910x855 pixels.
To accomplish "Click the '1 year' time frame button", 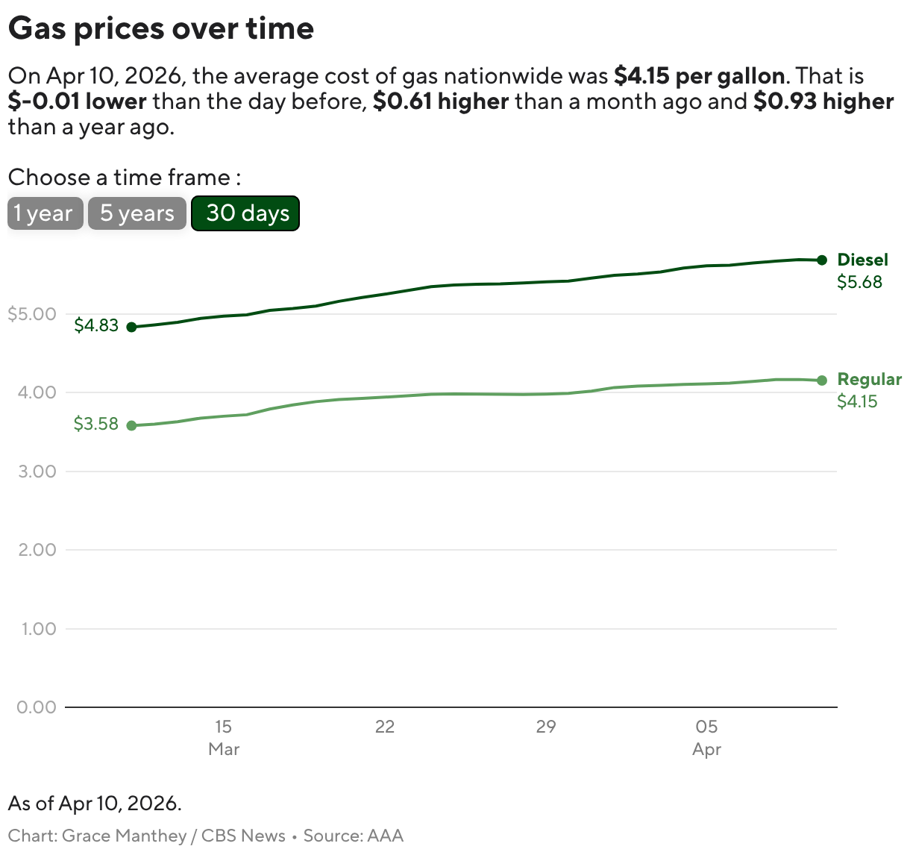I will click(45, 213).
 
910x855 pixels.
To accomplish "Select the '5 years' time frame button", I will click(136, 213).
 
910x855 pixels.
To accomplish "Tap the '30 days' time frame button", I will click(245, 213).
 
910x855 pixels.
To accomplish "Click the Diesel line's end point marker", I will click(822, 260).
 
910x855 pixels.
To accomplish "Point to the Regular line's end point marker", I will click(822, 380).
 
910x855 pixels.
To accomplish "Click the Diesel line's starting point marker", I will click(132, 327).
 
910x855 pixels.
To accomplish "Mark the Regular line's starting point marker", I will click(132, 425).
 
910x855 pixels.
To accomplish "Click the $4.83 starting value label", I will click(96, 325).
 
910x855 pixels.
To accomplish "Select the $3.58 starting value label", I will click(96, 424).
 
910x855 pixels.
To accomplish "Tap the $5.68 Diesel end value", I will click(859, 282).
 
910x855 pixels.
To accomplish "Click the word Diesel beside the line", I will click(862, 260).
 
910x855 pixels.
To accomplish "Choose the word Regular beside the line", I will click(869, 379).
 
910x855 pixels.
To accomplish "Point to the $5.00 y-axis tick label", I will click(32, 314).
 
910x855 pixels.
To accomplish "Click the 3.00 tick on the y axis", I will click(37, 472).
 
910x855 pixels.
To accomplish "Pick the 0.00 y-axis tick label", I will click(37, 707).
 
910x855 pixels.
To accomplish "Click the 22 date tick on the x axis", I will click(384, 727).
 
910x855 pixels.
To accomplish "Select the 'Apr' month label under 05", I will click(706, 750).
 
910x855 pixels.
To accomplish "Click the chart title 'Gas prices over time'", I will click(161, 28).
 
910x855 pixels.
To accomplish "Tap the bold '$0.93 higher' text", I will click(823, 101).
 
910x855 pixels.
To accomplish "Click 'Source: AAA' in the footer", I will click(353, 836).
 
